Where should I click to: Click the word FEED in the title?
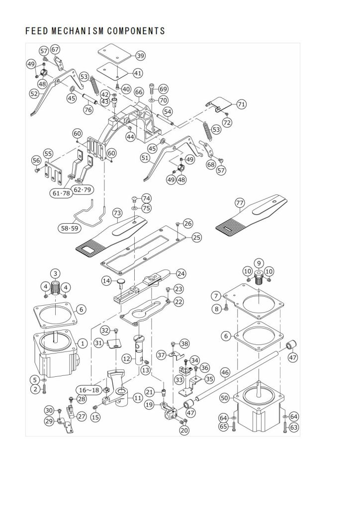click(36, 31)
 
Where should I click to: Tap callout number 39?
click(140, 56)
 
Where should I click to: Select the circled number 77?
click(240, 203)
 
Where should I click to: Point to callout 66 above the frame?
click(139, 92)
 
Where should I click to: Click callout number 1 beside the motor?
click(83, 343)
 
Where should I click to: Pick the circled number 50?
click(224, 399)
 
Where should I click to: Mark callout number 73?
click(117, 213)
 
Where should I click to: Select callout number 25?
click(197, 238)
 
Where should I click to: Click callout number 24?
click(181, 273)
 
